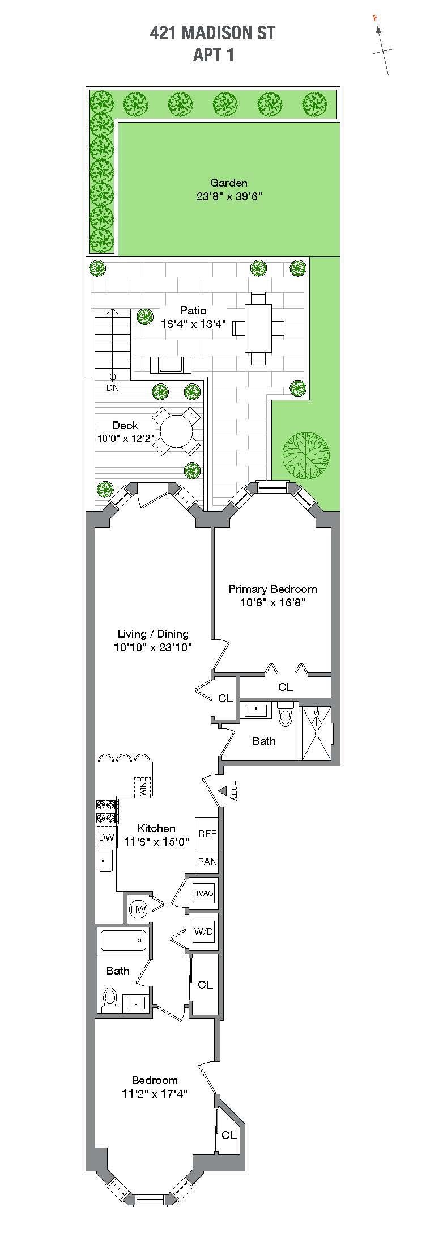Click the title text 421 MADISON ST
click(212, 33)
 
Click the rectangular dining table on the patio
click(258, 328)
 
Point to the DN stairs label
click(113, 388)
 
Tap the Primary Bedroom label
click(272, 589)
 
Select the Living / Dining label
click(153, 634)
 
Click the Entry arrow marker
click(223, 790)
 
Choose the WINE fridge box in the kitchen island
click(143, 786)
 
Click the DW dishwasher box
click(107, 837)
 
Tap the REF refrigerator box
click(207, 834)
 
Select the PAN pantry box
click(207, 862)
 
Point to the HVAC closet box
click(203, 893)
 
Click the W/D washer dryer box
click(203, 931)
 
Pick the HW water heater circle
click(138, 909)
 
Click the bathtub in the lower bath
click(123, 941)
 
